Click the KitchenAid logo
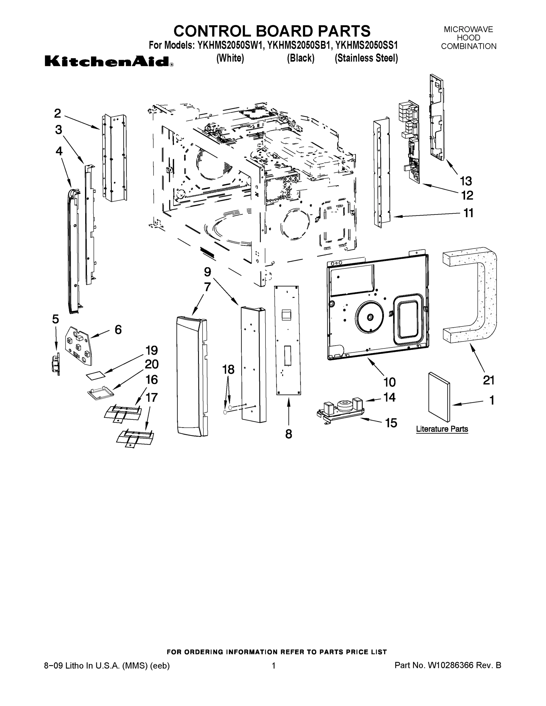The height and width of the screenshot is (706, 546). click(108, 61)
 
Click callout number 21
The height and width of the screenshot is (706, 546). click(488, 380)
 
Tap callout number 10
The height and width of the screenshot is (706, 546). click(389, 382)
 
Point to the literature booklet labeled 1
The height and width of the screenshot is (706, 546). click(439, 397)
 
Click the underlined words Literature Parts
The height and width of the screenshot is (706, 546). click(442, 429)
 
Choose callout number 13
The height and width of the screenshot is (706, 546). click(466, 181)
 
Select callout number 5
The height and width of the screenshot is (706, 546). click(56, 319)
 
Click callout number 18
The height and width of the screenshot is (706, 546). click(228, 369)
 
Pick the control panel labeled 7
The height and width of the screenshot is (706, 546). click(192, 377)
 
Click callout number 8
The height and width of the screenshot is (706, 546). click(288, 434)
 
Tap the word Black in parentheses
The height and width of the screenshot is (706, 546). click(301, 58)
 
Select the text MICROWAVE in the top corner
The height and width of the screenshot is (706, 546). click(468, 29)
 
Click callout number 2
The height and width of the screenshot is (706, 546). click(57, 113)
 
